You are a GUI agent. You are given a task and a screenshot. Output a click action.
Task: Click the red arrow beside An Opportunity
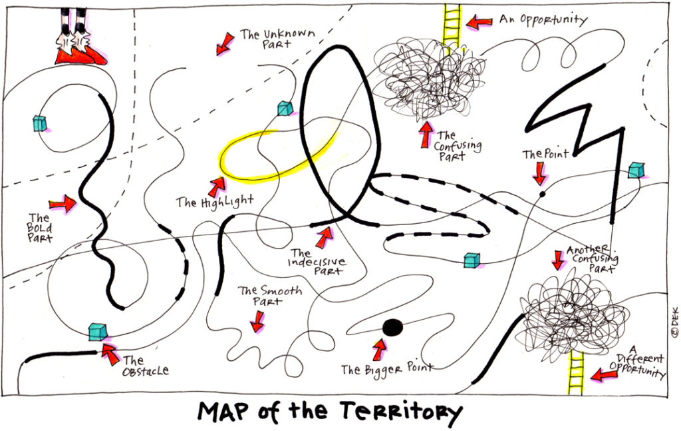(479, 22)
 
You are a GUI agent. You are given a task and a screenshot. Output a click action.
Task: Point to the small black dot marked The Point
(542, 194)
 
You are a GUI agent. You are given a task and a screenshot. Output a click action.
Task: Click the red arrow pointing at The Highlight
(216, 187)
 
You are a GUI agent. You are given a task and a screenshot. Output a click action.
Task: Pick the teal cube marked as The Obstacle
(98, 331)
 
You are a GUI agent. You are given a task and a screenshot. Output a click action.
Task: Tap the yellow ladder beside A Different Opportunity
(575, 372)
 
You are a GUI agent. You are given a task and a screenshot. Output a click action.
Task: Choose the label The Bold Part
(39, 228)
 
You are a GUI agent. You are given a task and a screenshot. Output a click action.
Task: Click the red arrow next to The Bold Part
(63, 204)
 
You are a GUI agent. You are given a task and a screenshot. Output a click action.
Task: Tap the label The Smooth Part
(269, 296)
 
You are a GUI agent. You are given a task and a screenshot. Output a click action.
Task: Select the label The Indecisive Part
(317, 262)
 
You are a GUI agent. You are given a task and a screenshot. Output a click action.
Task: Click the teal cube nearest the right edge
(636, 170)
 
